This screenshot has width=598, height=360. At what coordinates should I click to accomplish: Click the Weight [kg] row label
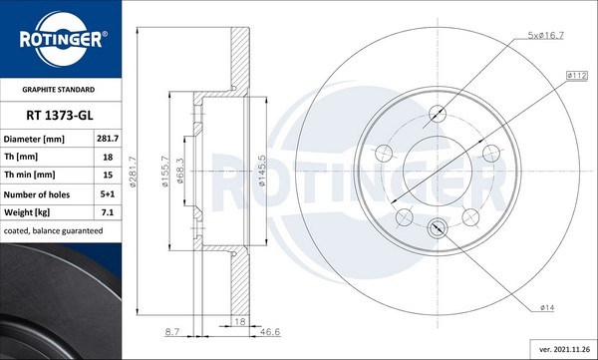pyautogui.click(x=30, y=211)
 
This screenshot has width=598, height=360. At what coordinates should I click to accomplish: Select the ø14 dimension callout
pyautogui.click(x=546, y=308)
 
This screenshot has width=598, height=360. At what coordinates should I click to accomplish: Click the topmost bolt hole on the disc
pyautogui.click(x=437, y=113)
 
